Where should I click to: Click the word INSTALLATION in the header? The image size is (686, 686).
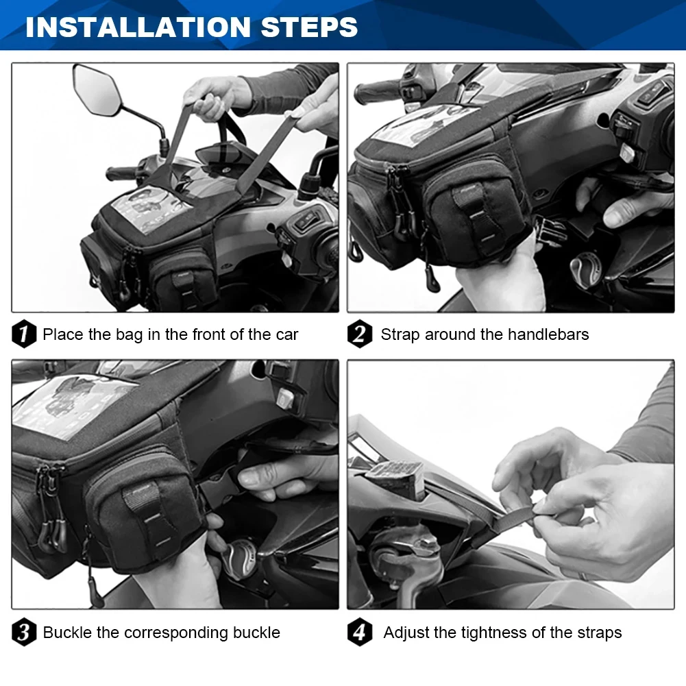138,27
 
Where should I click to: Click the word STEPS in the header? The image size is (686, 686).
309,27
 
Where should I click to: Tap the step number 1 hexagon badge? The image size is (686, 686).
24,334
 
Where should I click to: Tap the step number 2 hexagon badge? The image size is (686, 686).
360,334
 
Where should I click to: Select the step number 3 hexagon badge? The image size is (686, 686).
24,632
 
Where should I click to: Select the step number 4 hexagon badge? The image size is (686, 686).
360,632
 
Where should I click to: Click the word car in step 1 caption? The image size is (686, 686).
286,335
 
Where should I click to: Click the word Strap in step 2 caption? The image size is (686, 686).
399,335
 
